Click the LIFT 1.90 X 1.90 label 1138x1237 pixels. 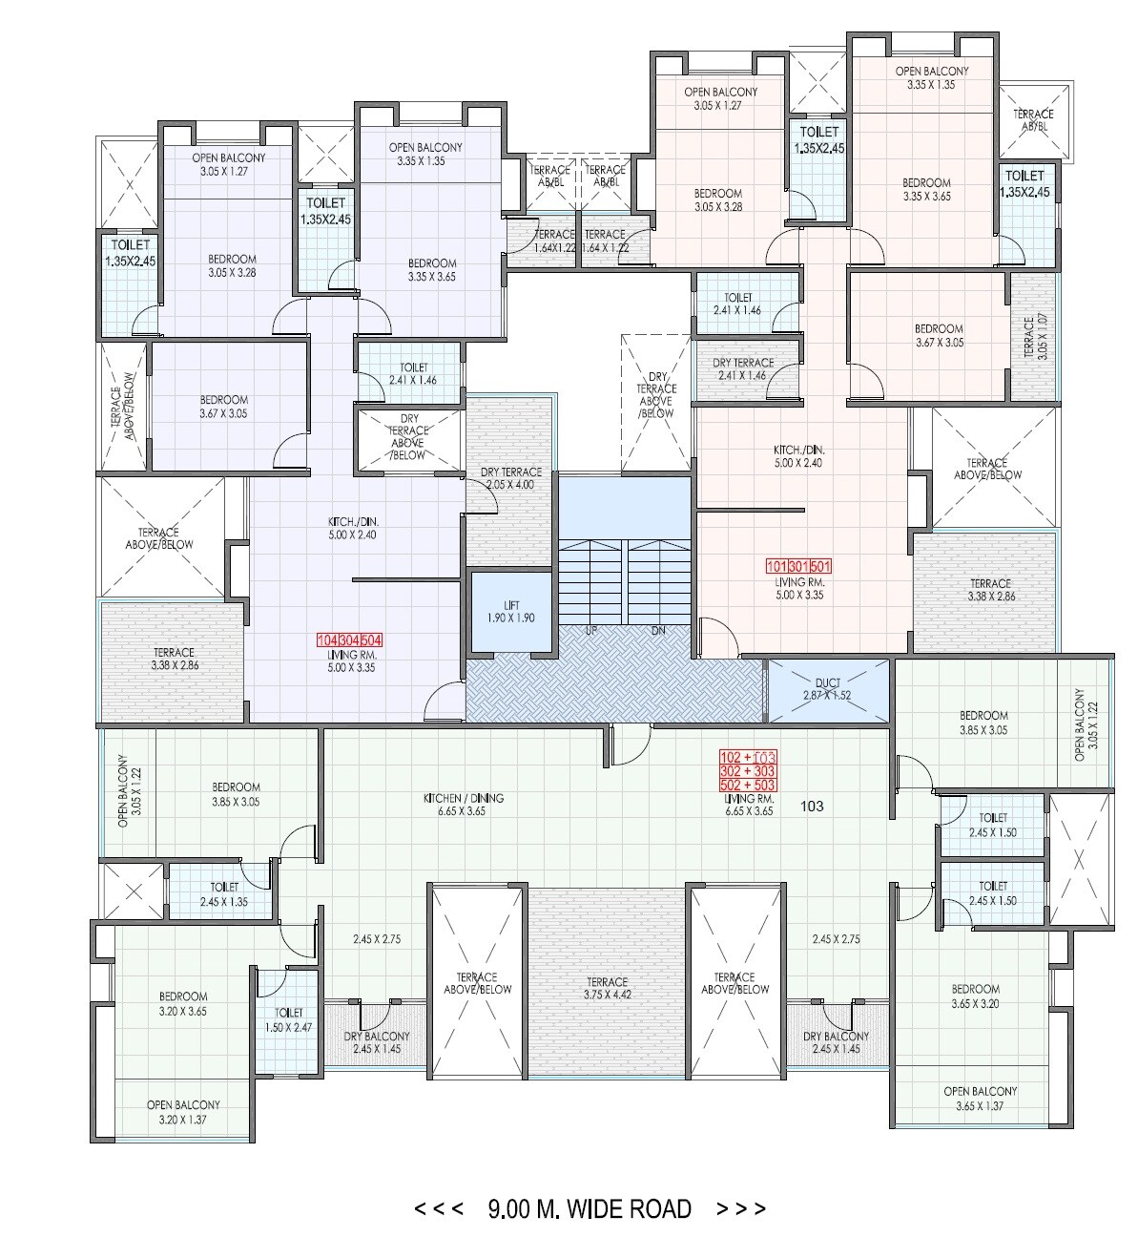[x=511, y=612]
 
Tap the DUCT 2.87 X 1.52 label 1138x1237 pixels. [x=827, y=689]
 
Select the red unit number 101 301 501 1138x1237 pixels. [x=799, y=566]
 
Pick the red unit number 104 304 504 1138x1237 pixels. [x=349, y=640]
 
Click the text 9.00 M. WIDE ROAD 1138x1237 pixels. [x=590, y=1208]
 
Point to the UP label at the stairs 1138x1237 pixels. [x=591, y=632]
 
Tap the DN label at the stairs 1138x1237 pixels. [x=658, y=632]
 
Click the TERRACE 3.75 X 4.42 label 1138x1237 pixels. [x=608, y=989]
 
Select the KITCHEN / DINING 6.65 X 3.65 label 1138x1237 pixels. [x=464, y=805]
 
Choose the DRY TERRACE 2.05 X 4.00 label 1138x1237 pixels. [x=511, y=478]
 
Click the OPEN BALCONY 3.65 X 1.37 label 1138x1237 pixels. [x=981, y=1099]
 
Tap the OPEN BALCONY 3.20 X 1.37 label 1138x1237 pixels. [x=183, y=1112]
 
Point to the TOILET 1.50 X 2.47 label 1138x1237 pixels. [x=288, y=1020]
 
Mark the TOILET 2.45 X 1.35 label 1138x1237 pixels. [x=224, y=894]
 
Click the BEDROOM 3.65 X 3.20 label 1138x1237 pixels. [x=975, y=996]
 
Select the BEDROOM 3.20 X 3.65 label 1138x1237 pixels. [x=183, y=1003]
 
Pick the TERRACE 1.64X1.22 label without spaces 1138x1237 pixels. [x=554, y=241]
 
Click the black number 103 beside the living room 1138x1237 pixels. [x=812, y=806]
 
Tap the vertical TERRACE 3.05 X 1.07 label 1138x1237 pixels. [x=1035, y=337]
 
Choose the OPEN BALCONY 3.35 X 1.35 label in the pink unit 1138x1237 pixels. [x=932, y=77]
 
